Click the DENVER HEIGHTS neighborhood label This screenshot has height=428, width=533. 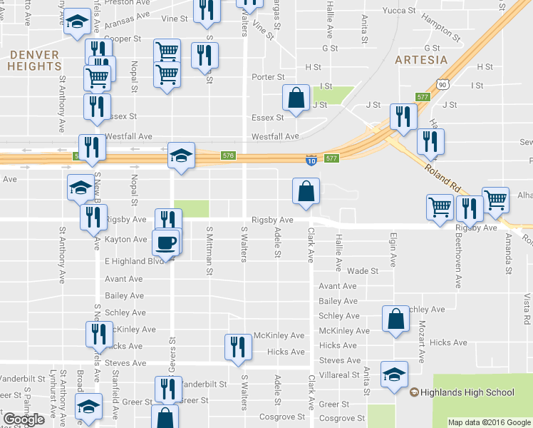[x=34, y=60]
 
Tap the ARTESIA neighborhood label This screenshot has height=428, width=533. [x=421, y=60]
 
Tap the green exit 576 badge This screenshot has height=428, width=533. [x=228, y=156]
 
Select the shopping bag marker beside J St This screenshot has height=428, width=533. [x=295, y=98]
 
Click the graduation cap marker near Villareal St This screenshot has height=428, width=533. [x=394, y=374]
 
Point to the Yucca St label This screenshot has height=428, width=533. [x=400, y=11]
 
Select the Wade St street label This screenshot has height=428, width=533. [x=363, y=271]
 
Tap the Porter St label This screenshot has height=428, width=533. [x=268, y=77]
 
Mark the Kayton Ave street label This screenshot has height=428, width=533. [x=125, y=240]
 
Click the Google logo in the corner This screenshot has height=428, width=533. [x=24, y=419]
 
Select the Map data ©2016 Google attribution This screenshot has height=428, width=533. [x=490, y=422]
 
